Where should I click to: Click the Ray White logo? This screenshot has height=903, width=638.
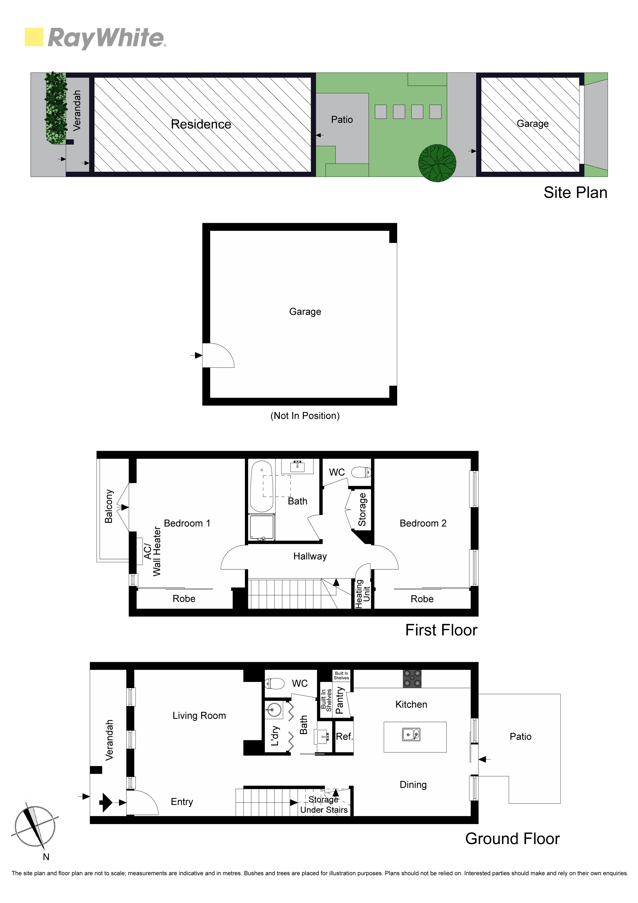[95, 38]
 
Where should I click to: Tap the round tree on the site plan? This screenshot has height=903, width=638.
[437, 163]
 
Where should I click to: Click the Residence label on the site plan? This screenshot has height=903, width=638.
[201, 124]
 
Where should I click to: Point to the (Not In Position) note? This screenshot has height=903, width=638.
[305, 416]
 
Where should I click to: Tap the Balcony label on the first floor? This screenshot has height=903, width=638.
[109, 506]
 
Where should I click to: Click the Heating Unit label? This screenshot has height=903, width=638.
[362, 594]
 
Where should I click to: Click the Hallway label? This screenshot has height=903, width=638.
[310, 556]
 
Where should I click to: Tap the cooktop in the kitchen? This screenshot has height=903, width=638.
[412, 679]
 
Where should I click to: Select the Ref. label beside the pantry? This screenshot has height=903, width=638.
[344, 736]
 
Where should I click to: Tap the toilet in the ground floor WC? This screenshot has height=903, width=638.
[274, 683]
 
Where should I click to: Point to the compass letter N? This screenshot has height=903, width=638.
[46, 857]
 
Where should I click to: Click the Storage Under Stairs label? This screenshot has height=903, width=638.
[324, 805]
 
